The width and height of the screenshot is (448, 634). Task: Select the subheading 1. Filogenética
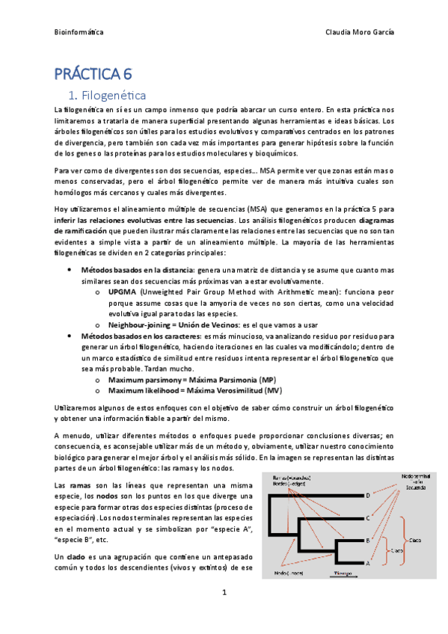click(112, 96)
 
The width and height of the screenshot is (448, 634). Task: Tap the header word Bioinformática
click(80, 33)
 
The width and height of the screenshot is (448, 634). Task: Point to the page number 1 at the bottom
click(224, 592)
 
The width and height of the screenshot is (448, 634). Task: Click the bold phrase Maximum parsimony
click(144, 380)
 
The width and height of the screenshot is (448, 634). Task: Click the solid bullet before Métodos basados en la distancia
click(70, 269)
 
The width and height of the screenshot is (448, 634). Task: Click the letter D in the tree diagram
click(367, 495)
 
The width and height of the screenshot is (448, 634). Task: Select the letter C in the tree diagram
click(367, 517)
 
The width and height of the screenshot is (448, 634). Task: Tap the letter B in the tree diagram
click(367, 540)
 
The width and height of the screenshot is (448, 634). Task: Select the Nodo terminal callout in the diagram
click(416, 479)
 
